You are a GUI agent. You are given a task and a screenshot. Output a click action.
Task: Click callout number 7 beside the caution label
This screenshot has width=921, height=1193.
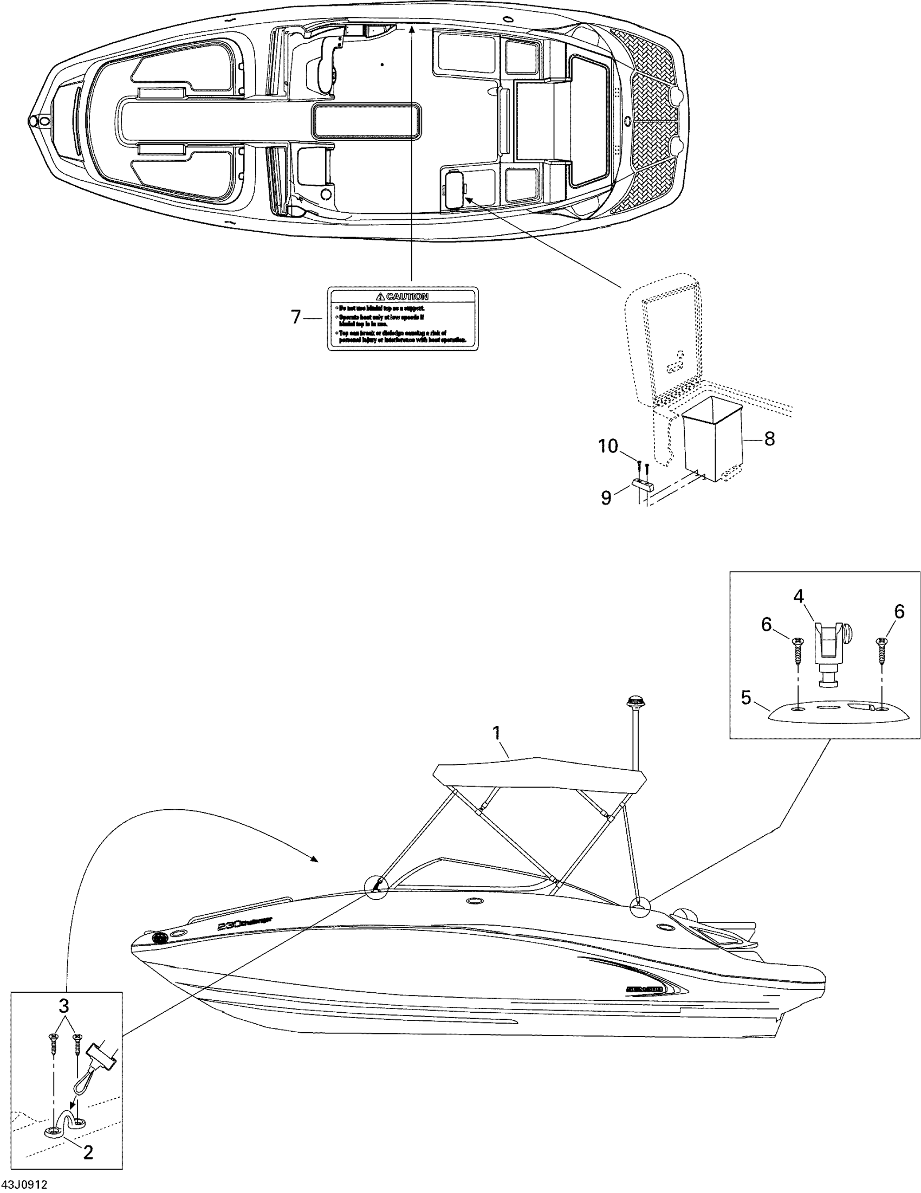pyautogui.click(x=296, y=317)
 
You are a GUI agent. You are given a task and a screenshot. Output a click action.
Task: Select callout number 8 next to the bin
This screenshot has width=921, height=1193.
pyautogui.click(x=769, y=438)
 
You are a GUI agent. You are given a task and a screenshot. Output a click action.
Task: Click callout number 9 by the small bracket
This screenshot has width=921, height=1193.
pyautogui.click(x=606, y=497)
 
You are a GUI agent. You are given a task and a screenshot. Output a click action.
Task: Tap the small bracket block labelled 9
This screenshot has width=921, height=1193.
pyautogui.click(x=643, y=484)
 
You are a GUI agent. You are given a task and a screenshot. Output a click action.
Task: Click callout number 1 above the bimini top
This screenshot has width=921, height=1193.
pyautogui.click(x=497, y=732)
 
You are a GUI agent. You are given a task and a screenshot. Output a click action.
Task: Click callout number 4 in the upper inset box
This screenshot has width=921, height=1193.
pyautogui.click(x=799, y=596)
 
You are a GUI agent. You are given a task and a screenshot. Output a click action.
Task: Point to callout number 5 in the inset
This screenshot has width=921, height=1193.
pyautogui.click(x=746, y=698)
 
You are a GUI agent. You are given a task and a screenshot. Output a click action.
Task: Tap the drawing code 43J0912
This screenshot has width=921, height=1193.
pyautogui.click(x=24, y=1184)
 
